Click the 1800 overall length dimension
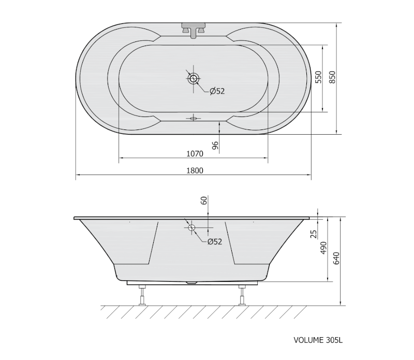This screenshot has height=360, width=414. click(x=195, y=171)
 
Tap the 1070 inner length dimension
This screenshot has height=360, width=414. click(x=195, y=154)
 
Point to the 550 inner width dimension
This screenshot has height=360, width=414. click(x=319, y=77)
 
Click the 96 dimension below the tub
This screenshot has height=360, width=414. click(x=215, y=146)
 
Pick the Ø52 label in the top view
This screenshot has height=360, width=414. click(x=217, y=91)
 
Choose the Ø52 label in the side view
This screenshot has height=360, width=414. click(x=215, y=241)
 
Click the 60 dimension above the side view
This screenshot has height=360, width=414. click(x=204, y=200)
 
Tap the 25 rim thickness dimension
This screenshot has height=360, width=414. click(x=314, y=234)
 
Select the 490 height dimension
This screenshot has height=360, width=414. click(x=324, y=248)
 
